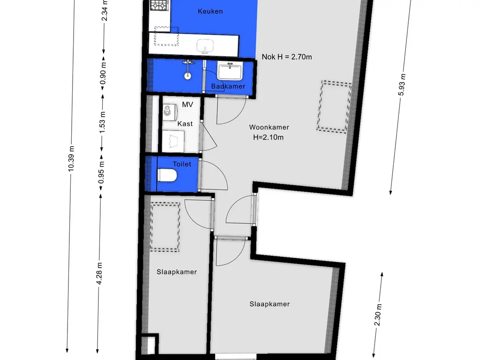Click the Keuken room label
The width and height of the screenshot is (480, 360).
[210, 11]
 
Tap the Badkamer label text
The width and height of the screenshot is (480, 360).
[228, 86]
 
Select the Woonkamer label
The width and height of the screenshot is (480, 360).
[269, 127]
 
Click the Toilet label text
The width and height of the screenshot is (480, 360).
[182, 164]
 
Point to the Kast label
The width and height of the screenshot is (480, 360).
[185, 124]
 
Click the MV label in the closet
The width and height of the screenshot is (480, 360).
[187, 105]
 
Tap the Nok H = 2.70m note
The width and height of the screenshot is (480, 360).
[287, 57]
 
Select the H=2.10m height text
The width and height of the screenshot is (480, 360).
[269, 137]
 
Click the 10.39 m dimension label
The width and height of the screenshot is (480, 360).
[71, 158]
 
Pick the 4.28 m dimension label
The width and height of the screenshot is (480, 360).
[99, 273]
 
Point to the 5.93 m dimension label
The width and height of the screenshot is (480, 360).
[402, 85]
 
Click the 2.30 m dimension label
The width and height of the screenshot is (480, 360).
[378, 315]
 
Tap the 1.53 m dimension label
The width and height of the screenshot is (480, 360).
[102, 122]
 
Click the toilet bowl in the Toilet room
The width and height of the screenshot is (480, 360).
[167, 176]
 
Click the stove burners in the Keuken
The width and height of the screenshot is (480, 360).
[159, 5]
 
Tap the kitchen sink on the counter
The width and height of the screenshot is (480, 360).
[205, 46]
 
